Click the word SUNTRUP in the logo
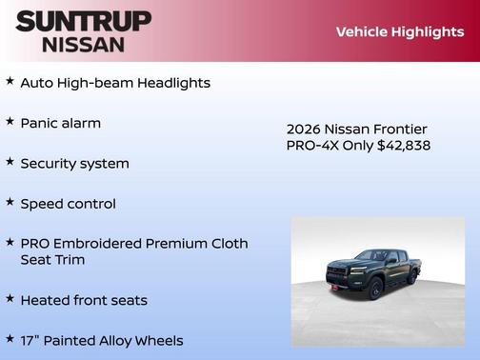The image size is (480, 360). (x=84, y=21)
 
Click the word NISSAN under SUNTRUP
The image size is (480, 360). (x=83, y=44)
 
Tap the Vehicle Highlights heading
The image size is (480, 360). (x=399, y=31)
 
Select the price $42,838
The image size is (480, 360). (x=404, y=146)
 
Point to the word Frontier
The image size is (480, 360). (x=400, y=129)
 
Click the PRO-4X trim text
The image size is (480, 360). (x=317, y=146)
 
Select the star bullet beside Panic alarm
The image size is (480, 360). (x=10, y=122)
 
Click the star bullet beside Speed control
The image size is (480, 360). (x=10, y=202)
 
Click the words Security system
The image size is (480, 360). (x=74, y=164)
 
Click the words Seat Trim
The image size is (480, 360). (x=52, y=260)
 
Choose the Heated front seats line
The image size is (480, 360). (x=84, y=300)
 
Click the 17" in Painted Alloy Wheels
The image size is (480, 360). (x=30, y=340)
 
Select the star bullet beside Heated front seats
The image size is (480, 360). (x=10, y=299)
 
